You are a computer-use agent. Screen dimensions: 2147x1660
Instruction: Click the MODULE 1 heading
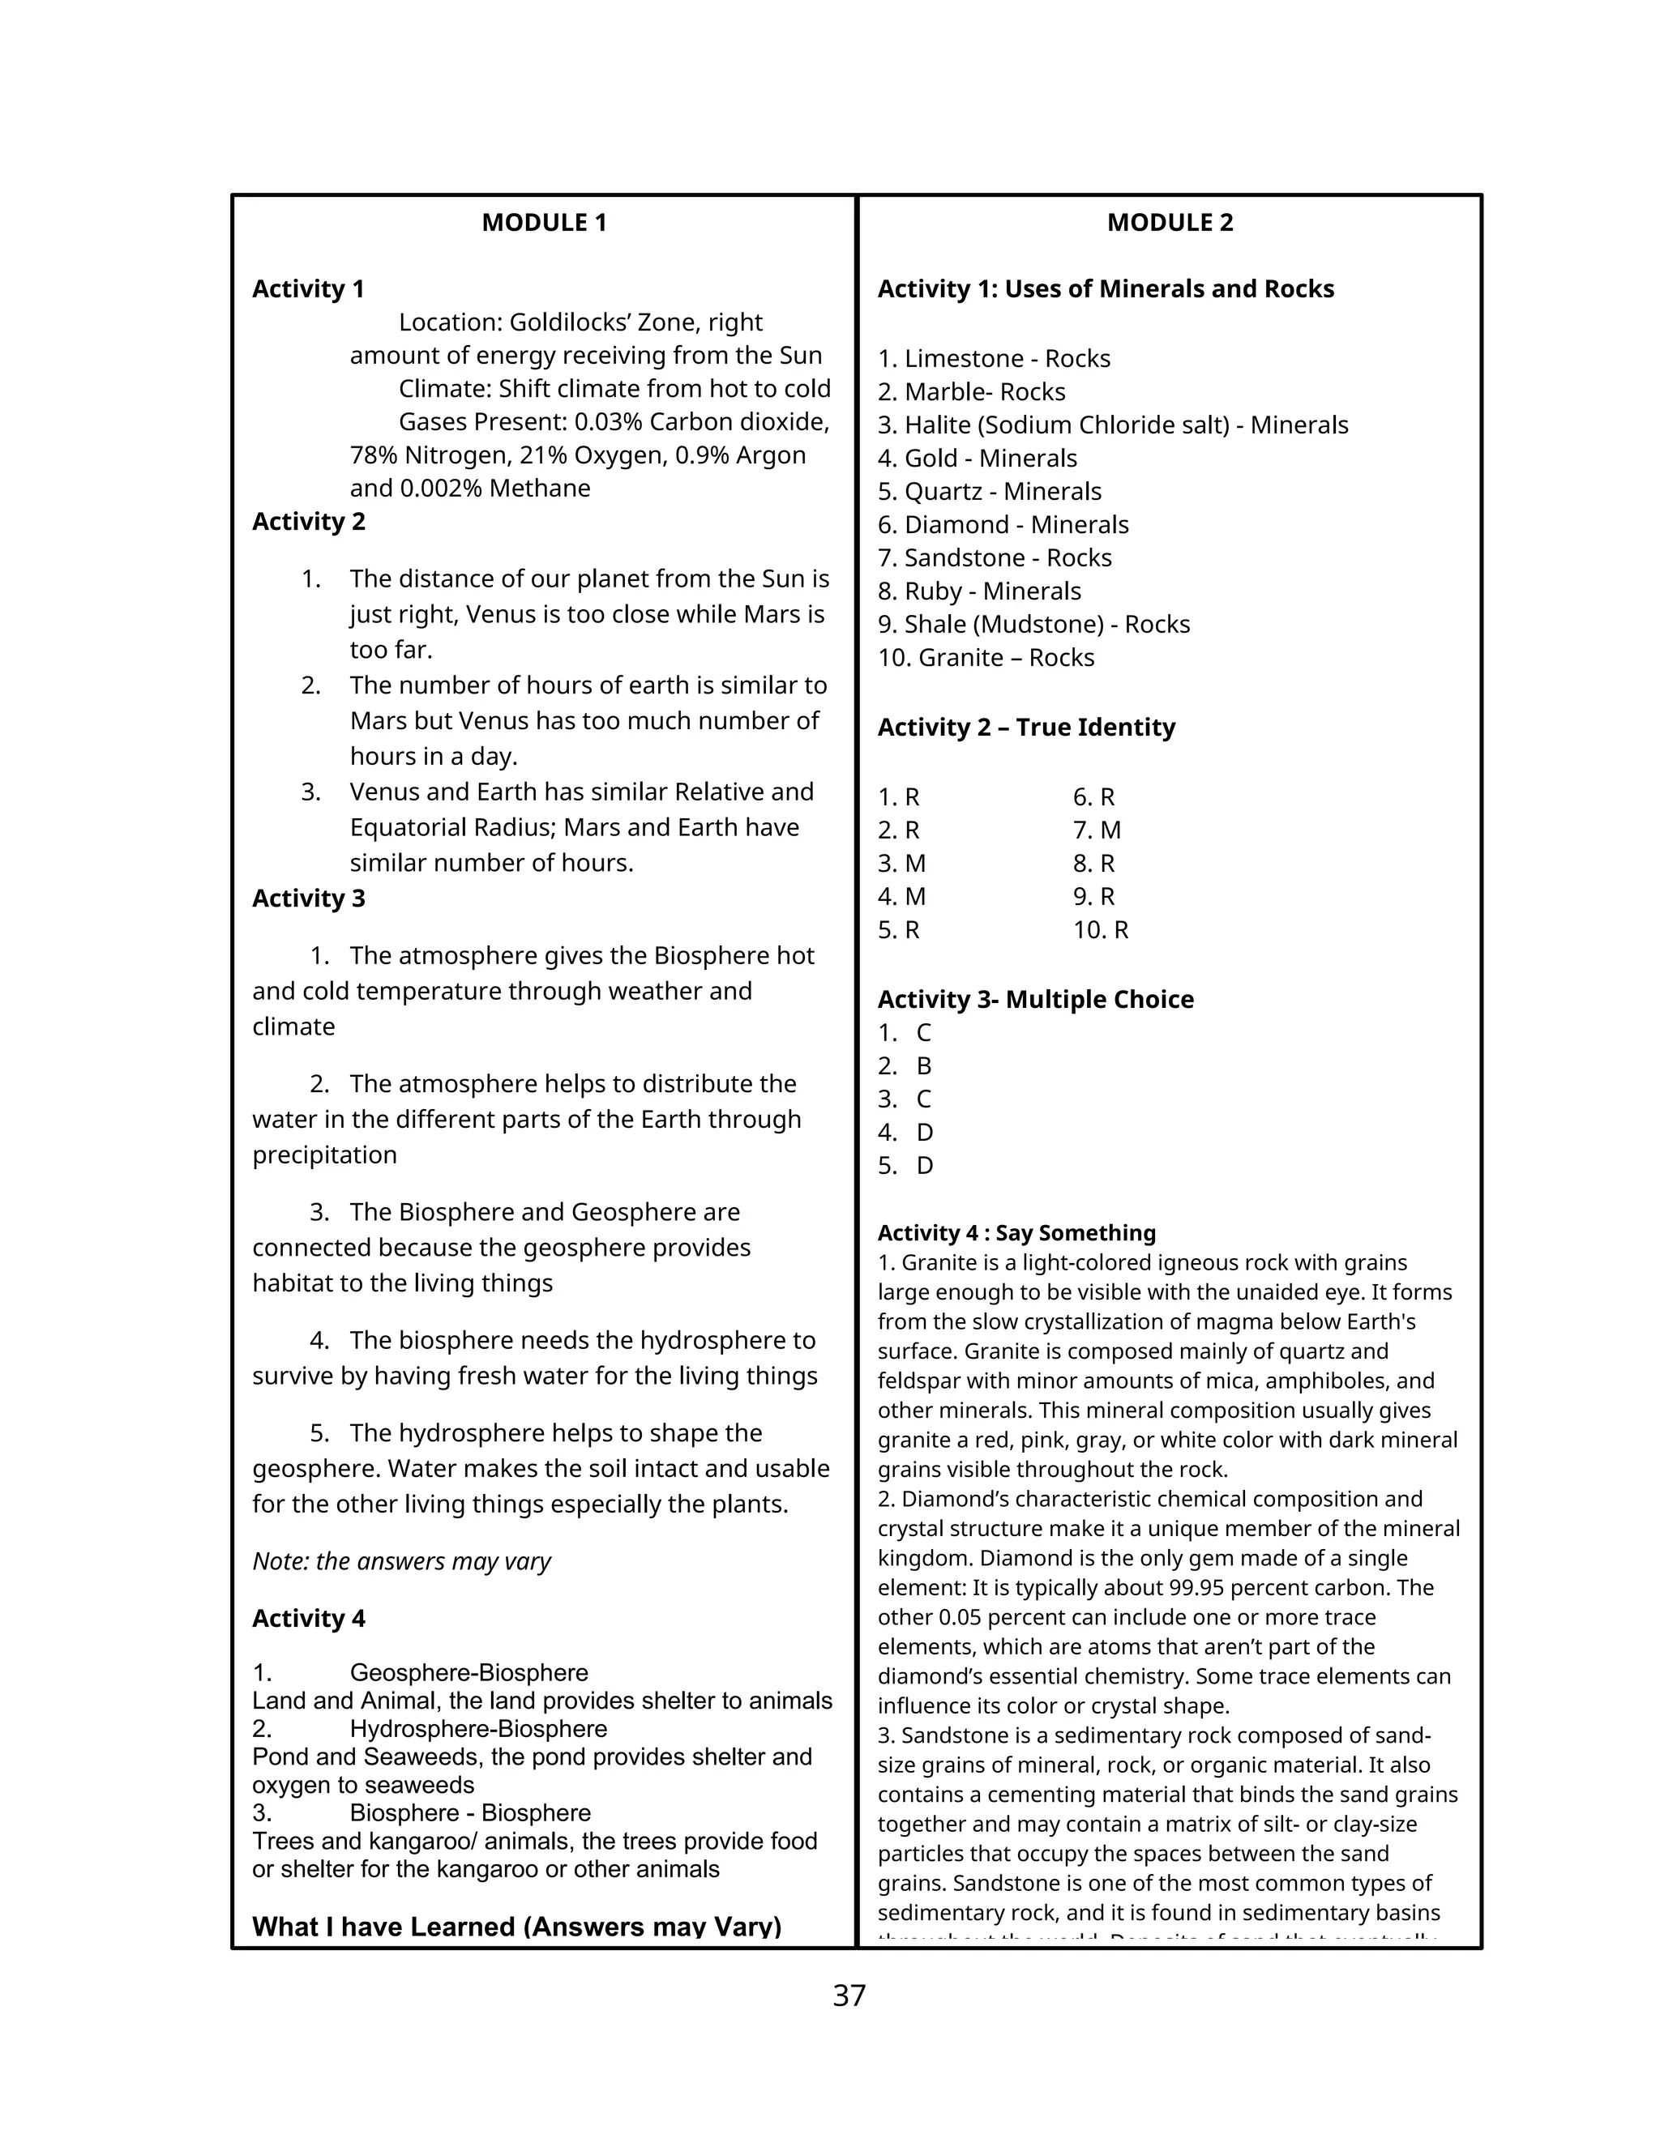coord(544,223)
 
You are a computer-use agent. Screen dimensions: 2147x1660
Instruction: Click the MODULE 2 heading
coord(1170,223)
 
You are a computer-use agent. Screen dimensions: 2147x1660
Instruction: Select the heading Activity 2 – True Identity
coord(1025,728)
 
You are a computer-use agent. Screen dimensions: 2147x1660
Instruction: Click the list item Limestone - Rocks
coord(993,359)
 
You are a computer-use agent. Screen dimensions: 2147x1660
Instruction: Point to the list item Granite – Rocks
coord(986,658)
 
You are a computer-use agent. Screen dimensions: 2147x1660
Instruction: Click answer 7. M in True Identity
coord(1096,830)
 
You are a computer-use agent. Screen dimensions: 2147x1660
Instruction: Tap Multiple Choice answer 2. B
coord(904,1067)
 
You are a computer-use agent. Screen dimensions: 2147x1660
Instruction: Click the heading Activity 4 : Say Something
coord(1016,1233)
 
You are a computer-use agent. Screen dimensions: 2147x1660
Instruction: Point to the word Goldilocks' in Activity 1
coord(569,322)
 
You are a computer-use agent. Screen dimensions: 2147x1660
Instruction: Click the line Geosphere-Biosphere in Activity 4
coord(468,1673)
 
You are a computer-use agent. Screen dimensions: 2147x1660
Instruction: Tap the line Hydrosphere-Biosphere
coord(478,1729)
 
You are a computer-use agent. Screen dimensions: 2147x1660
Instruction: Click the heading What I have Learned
coord(516,1927)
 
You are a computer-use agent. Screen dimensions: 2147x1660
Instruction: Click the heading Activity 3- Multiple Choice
coord(1034,1000)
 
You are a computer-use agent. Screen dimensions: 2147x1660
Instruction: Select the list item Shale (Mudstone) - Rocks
coord(1033,624)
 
